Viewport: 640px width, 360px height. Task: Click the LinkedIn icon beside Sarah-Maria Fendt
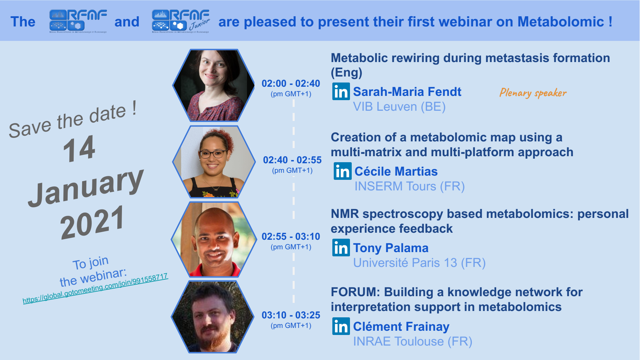pyautogui.click(x=341, y=91)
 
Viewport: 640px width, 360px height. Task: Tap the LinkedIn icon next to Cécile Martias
pyautogui.click(x=343, y=171)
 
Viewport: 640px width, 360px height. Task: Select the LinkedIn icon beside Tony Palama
pyautogui.click(x=341, y=248)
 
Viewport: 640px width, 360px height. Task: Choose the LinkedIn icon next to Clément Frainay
pyautogui.click(x=341, y=326)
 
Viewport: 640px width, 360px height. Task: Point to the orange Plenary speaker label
pyautogui.click(x=533, y=93)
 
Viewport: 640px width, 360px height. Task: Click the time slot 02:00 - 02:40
pyautogui.click(x=291, y=84)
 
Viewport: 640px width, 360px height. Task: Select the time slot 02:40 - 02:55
pyautogui.click(x=292, y=160)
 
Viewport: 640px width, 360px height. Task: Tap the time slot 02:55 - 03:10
pyautogui.click(x=291, y=237)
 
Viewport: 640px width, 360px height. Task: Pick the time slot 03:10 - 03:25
pyautogui.click(x=291, y=315)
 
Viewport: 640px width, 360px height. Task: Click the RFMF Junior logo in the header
pyautogui.click(x=181, y=21)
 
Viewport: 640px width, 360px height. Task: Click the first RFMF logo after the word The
pyautogui.click(x=78, y=21)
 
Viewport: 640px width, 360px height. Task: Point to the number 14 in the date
pyautogui.click(x=79, y=149)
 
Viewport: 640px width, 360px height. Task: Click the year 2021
pyautogui.click(x=92, y=222)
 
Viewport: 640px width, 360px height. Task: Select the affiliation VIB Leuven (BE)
pyautogui.click(x=399, y=106)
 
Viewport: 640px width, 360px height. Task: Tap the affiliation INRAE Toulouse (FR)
pyautogui.click(x=413, y=341)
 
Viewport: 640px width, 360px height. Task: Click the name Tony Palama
pyautogui.click(x=391, y=248)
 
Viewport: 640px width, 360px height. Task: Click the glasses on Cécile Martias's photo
pyautogui.click(x=213, y=154)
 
